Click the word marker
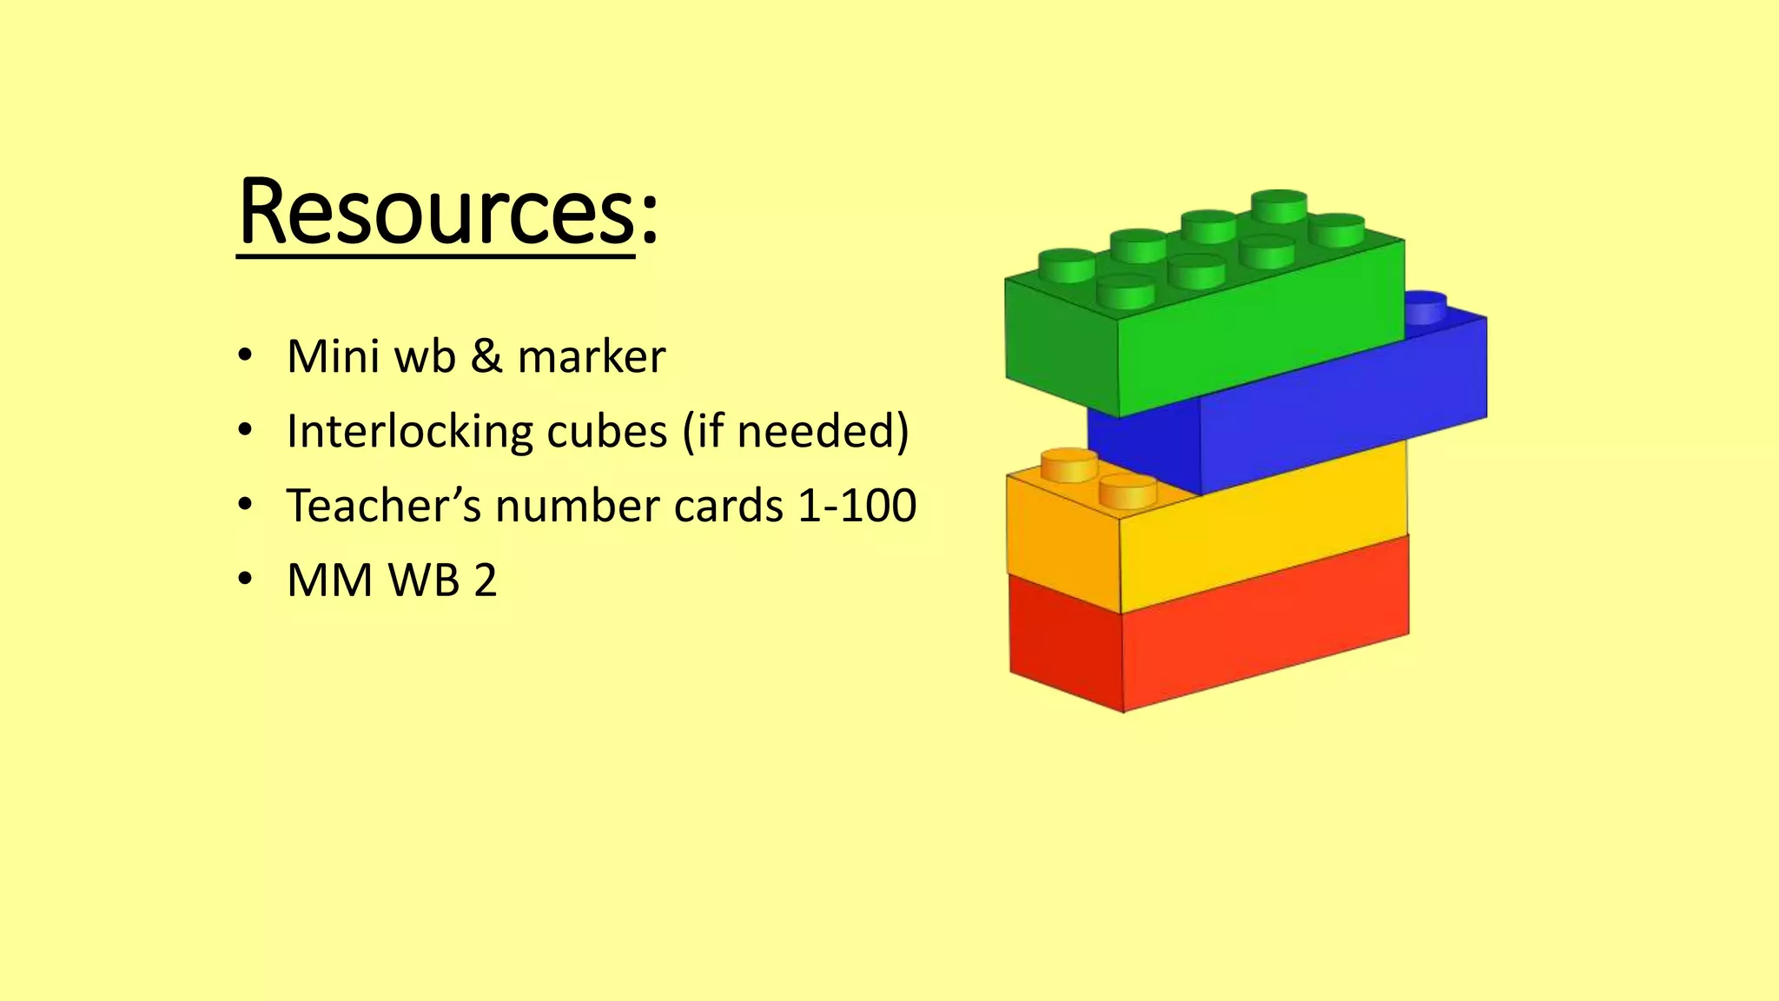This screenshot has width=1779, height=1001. (x=592, y=356)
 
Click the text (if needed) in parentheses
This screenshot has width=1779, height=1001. (x=796, y=431)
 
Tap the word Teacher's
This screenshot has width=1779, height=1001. (x=383, y=506)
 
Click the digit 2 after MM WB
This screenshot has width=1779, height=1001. (x=486, y=580)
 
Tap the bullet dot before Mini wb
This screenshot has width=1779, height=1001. (x=245, y=355)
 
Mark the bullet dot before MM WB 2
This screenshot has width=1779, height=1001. (x=245, y=579)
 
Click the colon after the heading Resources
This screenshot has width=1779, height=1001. (x=649, y=222)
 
